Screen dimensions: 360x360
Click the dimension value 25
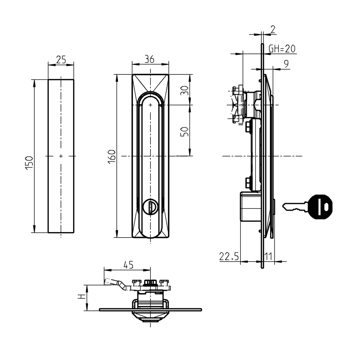(61, 60)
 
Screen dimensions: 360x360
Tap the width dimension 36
(150, 59)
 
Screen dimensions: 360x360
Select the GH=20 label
(282, 49)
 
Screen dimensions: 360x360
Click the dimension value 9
(286, 64)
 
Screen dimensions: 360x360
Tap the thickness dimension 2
(273, 30)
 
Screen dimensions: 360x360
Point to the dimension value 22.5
(229, 257)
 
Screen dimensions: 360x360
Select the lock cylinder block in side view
(250, 207)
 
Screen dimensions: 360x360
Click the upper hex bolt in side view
(248, 126)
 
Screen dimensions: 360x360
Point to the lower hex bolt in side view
(248, 183)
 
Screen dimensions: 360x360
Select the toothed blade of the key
(295, 207)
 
